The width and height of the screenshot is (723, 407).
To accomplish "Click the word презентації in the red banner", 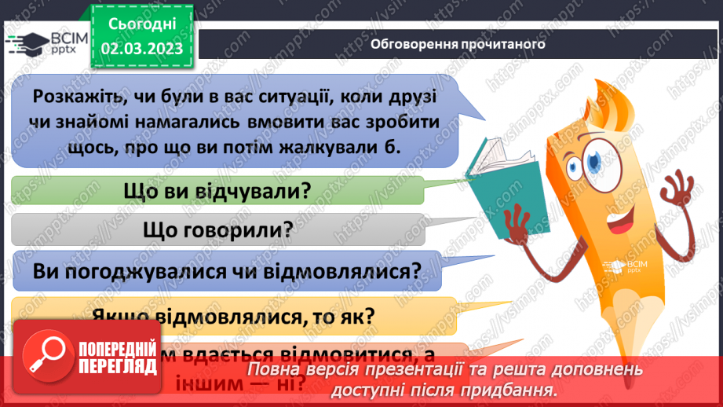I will (423, 369).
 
